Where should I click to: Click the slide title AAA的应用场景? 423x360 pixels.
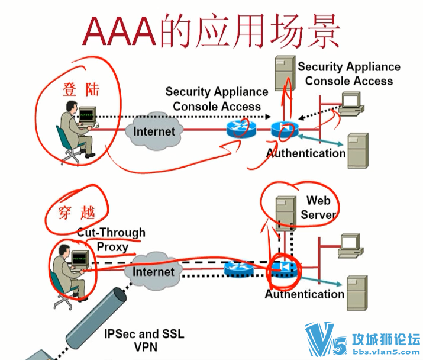(211, 31)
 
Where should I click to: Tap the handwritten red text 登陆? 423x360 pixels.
(81, 89)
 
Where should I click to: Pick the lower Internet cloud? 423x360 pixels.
(154, 271)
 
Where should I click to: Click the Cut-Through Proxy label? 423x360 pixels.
(111, 240)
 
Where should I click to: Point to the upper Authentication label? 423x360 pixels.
(305, 153)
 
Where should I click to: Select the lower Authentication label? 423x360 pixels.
(304, 294)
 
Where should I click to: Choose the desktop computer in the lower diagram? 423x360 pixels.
(350, 244)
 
